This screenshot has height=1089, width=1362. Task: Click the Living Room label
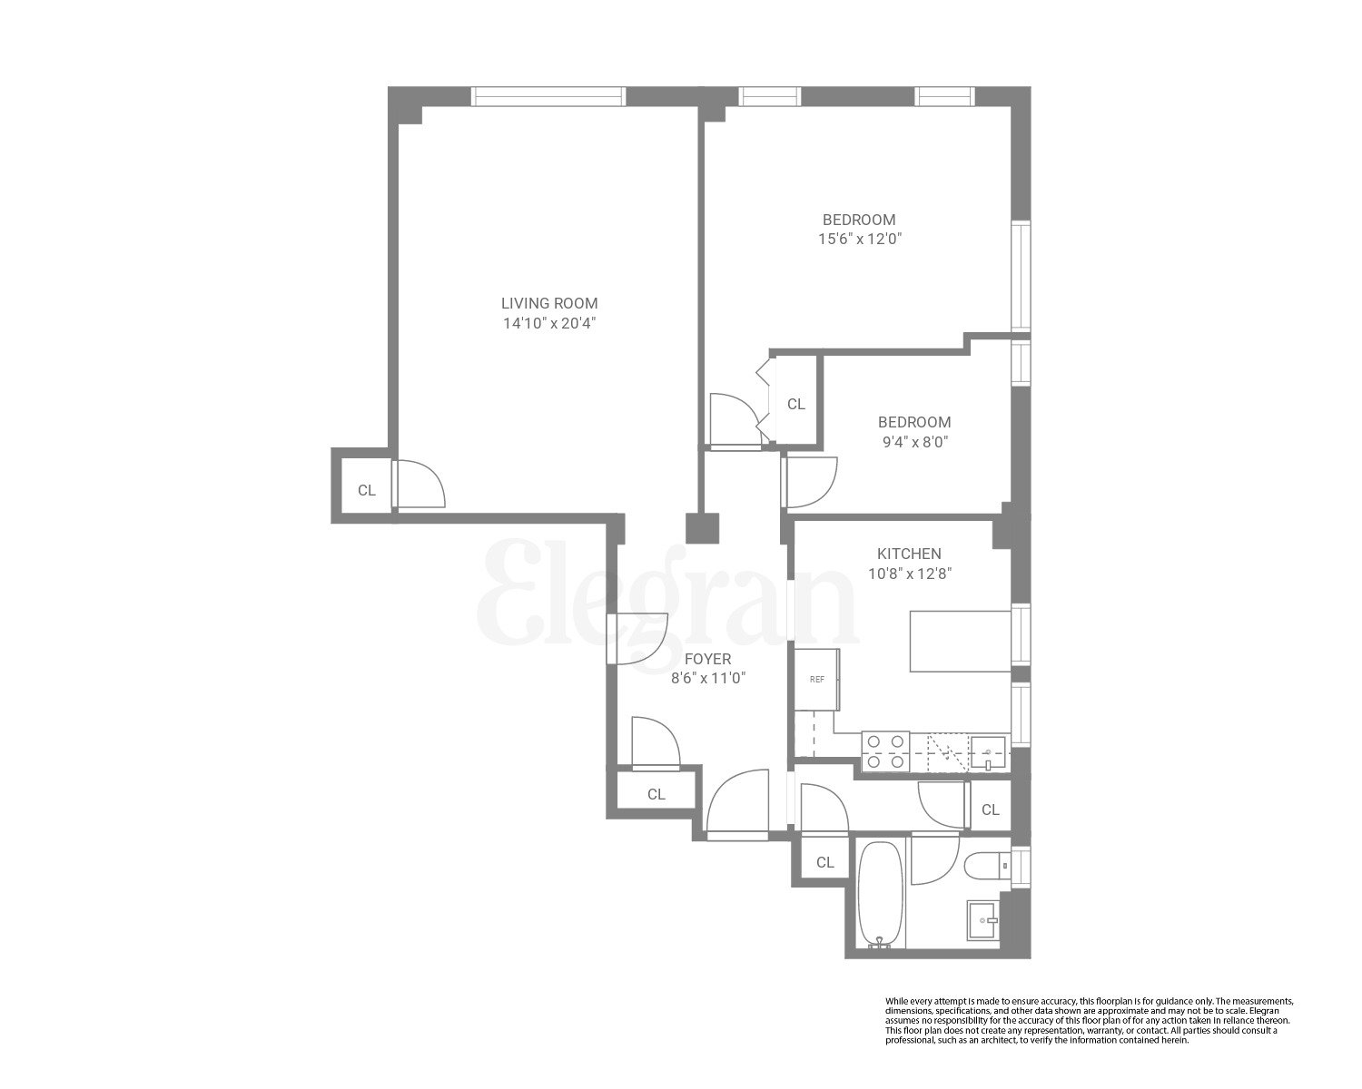[549, 303]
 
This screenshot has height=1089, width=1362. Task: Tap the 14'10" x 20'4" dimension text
[549, 323]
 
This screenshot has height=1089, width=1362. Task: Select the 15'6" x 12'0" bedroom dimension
[859, 240]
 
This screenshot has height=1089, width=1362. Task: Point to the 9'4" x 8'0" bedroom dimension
[913, 442]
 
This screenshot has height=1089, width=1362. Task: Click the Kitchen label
[908, 554]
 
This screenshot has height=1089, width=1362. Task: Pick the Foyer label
[707, 659]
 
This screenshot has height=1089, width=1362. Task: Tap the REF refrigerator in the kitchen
[817, 679]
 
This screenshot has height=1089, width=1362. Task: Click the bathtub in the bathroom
[879, 895]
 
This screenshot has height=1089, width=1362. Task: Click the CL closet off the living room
[366, 490]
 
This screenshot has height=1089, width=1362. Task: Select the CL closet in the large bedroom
[796, 404]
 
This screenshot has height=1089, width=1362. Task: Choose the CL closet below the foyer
[656, 794]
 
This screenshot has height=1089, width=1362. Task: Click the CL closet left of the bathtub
[824, 862]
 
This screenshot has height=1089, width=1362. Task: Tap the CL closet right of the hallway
[990, 809]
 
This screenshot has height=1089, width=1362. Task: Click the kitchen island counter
[961, 641]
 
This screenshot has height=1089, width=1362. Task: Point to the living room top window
[548, 96]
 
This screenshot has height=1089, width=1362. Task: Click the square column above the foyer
[702, 529]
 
